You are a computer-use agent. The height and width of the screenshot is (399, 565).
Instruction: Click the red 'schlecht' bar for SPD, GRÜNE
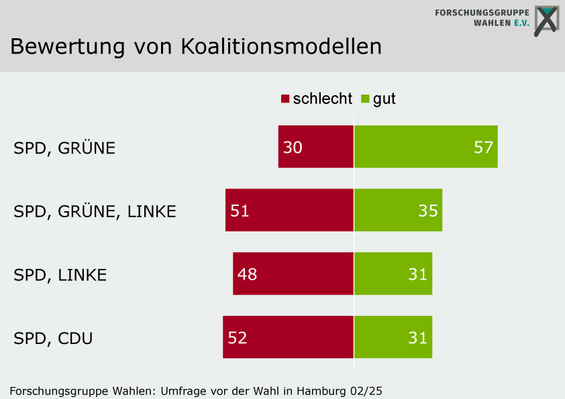[315, 146]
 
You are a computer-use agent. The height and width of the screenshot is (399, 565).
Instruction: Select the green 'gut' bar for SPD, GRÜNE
[425, 146]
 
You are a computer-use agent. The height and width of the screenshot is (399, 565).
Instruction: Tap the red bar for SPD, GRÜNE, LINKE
[289, 210]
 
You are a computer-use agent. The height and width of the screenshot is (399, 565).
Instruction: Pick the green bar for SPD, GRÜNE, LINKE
[398, 210]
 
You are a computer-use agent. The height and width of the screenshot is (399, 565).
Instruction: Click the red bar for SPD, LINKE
[293, 274]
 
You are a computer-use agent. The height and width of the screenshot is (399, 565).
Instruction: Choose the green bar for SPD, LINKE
[393, 274]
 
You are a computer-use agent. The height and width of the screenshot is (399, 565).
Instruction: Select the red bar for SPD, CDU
[288, 337]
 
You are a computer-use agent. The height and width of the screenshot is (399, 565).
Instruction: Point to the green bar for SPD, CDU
[393, 337]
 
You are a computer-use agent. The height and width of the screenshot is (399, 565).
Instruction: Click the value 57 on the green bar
[483, 147]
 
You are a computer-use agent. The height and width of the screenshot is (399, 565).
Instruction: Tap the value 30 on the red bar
[293, 147]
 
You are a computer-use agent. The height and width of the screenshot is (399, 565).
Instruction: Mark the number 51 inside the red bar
[240, 211]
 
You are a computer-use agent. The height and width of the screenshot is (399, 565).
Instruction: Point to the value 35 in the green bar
[428, 211]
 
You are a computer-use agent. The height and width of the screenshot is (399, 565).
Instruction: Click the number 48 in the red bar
[247, 274]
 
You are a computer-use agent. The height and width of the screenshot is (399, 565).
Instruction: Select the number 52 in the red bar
[238, 337]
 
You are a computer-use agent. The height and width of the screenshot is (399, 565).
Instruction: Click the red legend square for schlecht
[285, 99]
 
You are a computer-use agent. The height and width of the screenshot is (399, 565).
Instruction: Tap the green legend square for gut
[365, 99]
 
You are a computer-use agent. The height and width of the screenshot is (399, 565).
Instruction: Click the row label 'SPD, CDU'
[53, 338]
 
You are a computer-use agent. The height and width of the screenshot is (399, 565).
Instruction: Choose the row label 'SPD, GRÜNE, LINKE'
[95, 211]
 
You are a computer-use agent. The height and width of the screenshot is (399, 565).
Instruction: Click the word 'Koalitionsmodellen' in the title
[281, 46]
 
